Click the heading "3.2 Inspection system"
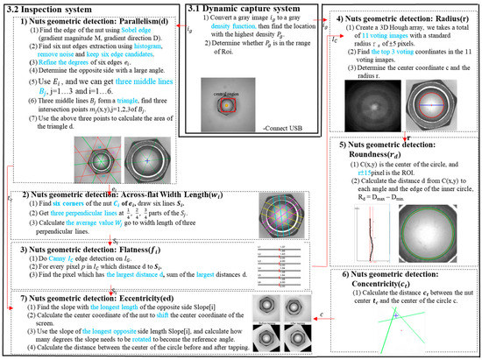(x=46, y=9)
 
